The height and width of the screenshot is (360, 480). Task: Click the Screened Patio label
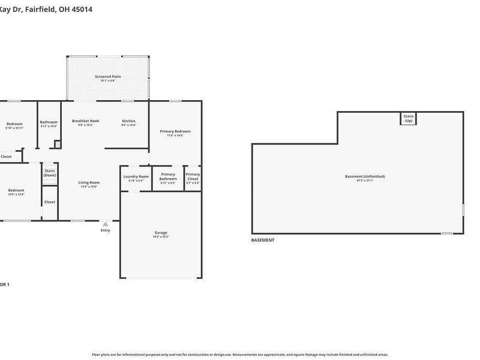[x=108, y=77]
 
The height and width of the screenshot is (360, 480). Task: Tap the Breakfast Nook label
[x=85, y=121]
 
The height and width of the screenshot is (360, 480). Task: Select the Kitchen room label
[x=129, y=121]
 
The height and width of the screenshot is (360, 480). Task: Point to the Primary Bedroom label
[x=175, y=131]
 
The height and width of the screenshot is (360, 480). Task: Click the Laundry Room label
[x=136, y=176]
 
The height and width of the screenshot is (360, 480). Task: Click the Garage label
[x=161, y=233]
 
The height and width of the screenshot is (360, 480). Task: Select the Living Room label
[x=89, y=182]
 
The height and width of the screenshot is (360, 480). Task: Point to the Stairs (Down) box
[x=50, y=173]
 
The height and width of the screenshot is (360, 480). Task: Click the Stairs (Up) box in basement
[x=409, y=119]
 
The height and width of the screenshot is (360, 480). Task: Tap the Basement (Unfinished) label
[x=365, y=176]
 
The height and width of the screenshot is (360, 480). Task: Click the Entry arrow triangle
[x=106, y=224]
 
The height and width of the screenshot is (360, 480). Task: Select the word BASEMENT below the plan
[x=263, y=240]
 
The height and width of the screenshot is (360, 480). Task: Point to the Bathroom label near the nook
[x=49, y=122]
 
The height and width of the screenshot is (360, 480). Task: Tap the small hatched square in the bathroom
[x=57, y=144]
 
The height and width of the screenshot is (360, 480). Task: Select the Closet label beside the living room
[x=50, y=202]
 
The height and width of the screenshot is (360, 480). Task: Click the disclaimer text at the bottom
[x=239, y=355]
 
